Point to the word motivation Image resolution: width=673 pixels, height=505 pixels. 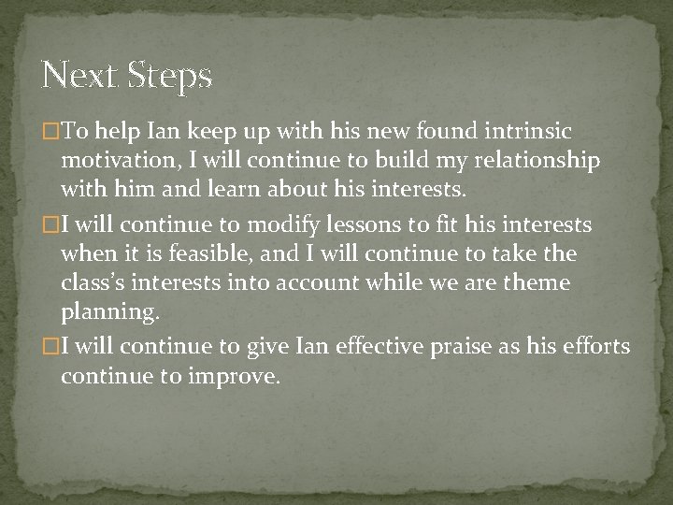[120, 160]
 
